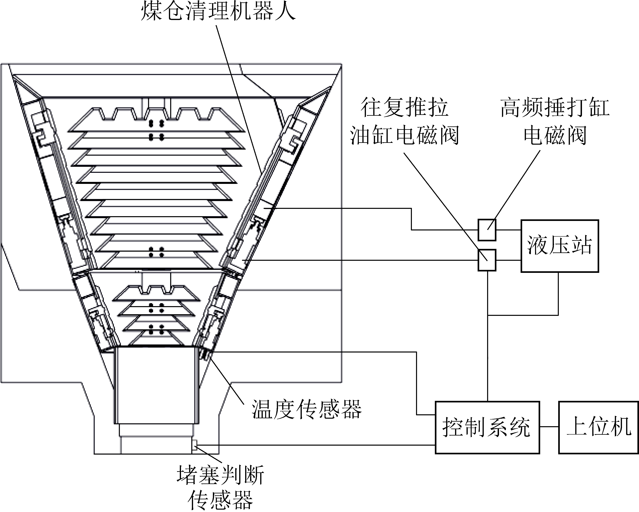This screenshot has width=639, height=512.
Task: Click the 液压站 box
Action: (560, 246)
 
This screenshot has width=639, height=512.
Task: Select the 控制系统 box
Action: (487, 427)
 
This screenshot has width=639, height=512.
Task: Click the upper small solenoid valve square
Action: (487, 230)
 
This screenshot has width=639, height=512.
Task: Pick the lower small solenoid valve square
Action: (487, 260)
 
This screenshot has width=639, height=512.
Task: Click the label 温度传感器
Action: (307, 409)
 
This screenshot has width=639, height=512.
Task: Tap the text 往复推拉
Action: (405, 107)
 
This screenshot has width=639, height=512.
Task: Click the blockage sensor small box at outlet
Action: (194, 445)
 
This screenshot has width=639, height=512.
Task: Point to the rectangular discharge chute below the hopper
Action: (156, 386)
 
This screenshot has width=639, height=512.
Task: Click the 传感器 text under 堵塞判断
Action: (220, 500)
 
